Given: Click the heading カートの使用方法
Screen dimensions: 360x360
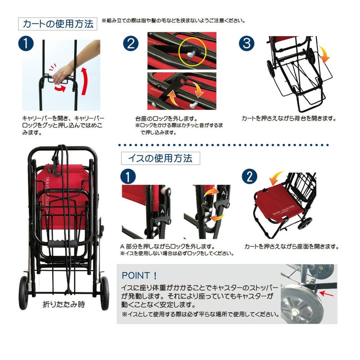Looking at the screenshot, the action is [x=58, y=24].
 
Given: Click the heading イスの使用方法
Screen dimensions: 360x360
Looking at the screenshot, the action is [x=160, y=158].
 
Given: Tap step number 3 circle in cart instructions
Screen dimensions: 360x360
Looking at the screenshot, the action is [x=247, y=43].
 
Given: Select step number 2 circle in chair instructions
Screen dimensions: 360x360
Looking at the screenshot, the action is [x=250, y=176].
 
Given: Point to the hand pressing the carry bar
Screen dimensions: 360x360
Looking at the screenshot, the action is [x=60, y=74].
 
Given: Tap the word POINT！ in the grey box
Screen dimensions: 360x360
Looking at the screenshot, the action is [x=139, y=275].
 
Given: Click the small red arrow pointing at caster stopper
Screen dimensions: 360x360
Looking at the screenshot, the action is [x=326, y=293].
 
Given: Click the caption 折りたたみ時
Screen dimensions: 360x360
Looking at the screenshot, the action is [x=64, y=305].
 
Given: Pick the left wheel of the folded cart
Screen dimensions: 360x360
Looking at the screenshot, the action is [x=23, y=293].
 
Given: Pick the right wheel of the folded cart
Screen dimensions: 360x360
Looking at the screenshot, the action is [x=104, y=293].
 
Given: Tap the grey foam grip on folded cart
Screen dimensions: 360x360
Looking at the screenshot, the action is [x=62, y=243].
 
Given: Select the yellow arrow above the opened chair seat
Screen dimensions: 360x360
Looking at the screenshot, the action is [x=276, y=178].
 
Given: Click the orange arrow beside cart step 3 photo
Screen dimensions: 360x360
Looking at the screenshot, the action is [x=324, y=54].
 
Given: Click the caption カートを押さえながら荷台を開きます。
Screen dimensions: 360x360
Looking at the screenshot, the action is [x=289, y=118].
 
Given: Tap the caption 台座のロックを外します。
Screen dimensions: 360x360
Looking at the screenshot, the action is [x=166, y=119].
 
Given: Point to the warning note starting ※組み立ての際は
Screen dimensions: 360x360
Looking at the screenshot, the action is [x=174, y=21].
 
